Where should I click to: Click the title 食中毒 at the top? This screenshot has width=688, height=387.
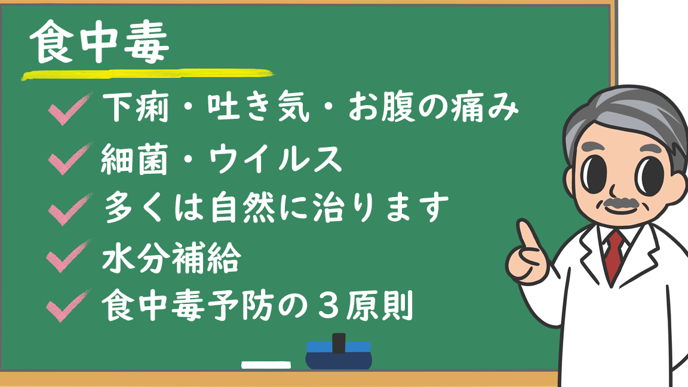click(100, 42)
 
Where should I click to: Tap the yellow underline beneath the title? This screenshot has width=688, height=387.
click(148, 75)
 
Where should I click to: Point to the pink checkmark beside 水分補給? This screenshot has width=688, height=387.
click(69, 256)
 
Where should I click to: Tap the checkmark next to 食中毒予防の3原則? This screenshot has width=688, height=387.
click(69, 305)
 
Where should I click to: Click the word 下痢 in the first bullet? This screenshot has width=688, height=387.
click(136, 107)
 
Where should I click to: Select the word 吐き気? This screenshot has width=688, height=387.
click(259, 107)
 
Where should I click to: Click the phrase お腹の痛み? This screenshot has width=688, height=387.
click(433, 107)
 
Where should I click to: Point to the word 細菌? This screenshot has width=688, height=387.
click(134, 159)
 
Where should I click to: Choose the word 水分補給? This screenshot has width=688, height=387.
click(171, 257)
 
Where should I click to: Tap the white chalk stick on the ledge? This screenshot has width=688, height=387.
click(266, 365)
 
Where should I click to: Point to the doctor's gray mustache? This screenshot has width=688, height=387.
click(621, 202)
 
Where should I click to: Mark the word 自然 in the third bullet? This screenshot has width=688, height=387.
click(242, 208)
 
